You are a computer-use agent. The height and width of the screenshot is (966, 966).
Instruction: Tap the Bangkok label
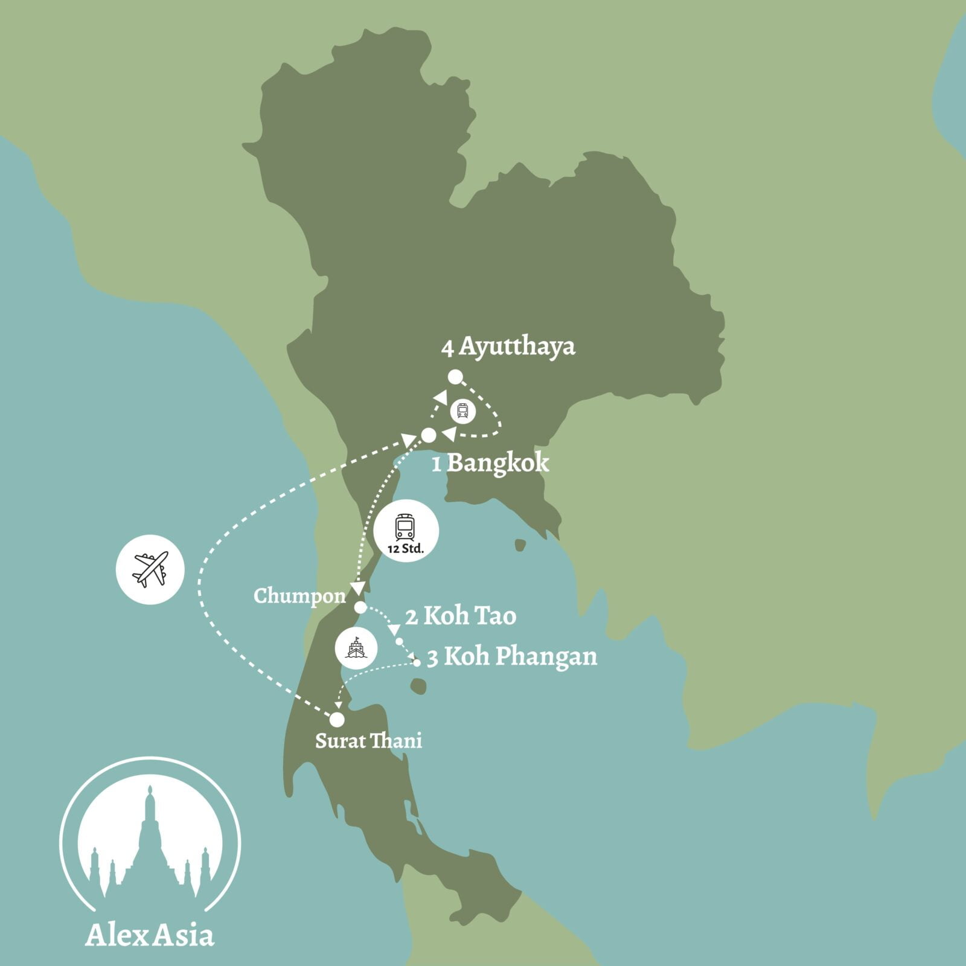point(498,463)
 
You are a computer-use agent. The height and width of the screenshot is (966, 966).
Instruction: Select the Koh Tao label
point(469,616)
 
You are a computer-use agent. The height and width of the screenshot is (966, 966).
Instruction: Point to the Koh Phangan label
point(520,657)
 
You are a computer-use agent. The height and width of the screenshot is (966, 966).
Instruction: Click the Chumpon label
point(299,596)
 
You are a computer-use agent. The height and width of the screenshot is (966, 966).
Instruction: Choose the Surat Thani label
point(368,741)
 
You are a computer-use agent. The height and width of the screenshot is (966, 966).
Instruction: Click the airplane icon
point(150,569)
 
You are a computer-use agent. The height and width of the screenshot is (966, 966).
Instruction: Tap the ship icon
point(356,648)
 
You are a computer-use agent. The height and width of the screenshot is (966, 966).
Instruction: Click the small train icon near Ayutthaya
point(462,412)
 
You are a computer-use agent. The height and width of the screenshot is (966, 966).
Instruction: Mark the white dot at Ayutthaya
point(455,377)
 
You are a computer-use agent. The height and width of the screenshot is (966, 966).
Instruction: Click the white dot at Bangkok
point(429,435)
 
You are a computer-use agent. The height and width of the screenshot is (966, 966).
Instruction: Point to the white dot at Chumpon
point(360,607)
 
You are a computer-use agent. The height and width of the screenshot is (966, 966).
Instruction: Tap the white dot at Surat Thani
point(337,720)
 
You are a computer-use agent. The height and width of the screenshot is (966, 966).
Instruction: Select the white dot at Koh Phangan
point(417,663)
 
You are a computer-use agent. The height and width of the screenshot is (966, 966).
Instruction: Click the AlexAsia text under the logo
point(150,935)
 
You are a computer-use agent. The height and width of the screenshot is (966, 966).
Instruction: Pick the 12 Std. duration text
point(406,549)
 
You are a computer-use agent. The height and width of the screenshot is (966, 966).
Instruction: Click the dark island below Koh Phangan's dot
point(418,686)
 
